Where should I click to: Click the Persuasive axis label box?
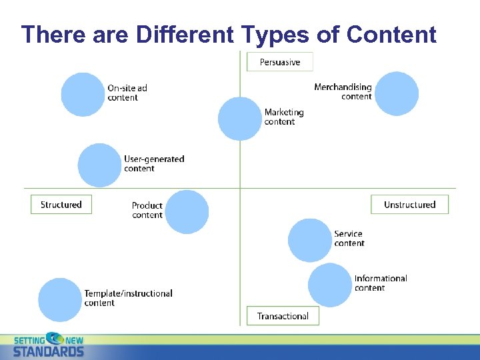279,62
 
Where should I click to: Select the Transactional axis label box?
283,316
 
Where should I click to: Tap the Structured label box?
61,205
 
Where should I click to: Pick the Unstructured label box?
409,205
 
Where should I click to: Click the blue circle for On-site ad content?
83,94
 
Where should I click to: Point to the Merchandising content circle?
396,93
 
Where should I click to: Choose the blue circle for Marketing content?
240,118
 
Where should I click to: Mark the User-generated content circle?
100,165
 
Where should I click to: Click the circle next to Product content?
187,211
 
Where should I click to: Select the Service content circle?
310,240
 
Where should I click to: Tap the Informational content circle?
330,285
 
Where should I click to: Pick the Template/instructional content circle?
60,299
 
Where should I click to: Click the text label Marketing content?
283,117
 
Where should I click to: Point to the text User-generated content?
154,163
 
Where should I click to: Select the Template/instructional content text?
128,298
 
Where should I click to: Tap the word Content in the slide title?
391,34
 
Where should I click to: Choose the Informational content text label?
380,283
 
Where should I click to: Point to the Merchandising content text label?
343,92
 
